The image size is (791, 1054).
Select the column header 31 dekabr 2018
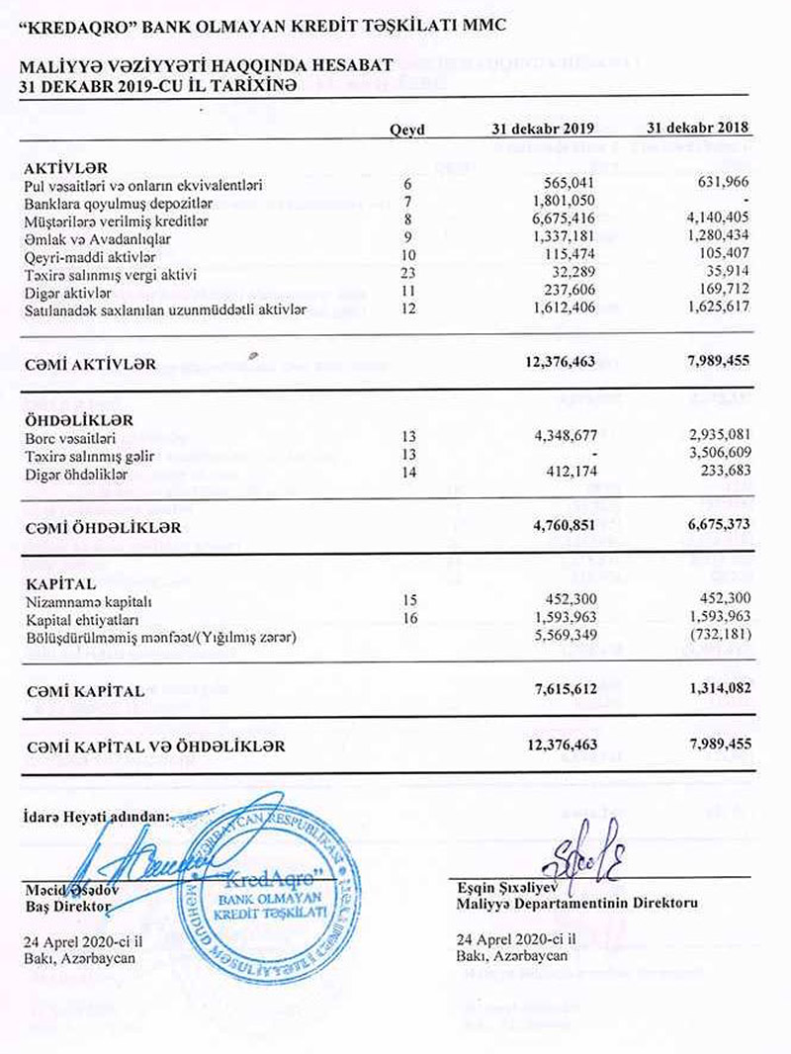click(698, 130)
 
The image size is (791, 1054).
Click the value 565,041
click(567, 184)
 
